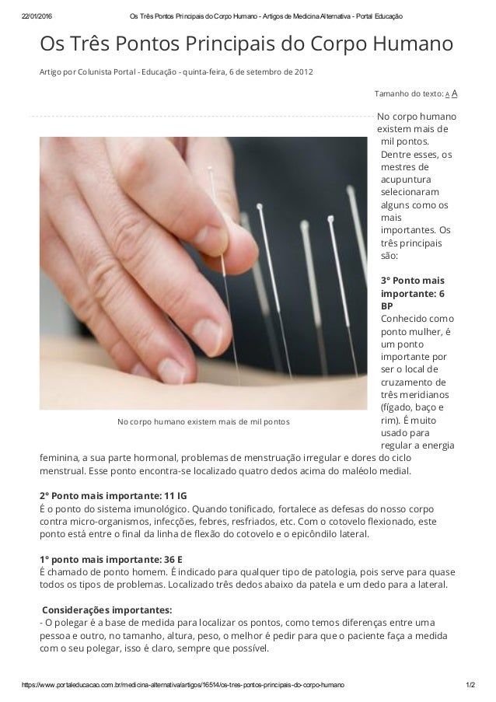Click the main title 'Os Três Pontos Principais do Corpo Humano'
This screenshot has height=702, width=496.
[x=246, y=44]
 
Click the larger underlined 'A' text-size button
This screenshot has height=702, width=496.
[x=454, y=93]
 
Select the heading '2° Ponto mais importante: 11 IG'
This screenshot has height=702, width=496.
[x=113, y=496]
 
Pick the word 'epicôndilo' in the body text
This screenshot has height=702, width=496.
[x=299, y=534]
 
